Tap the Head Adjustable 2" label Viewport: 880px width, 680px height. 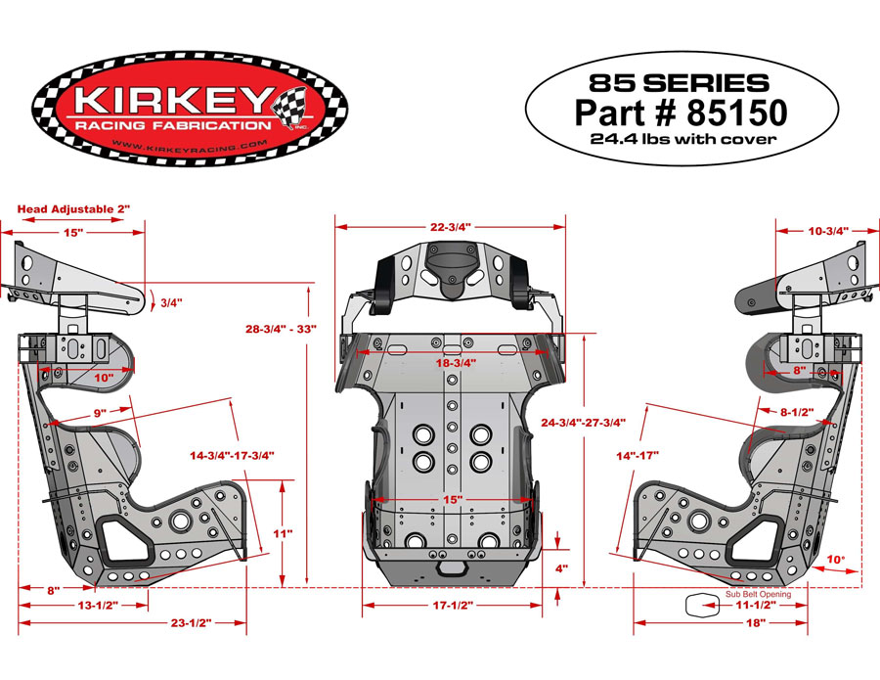click(74, 209)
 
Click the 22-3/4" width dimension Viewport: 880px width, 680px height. click(450, 226)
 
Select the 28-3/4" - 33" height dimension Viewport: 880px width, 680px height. click(281, 330)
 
